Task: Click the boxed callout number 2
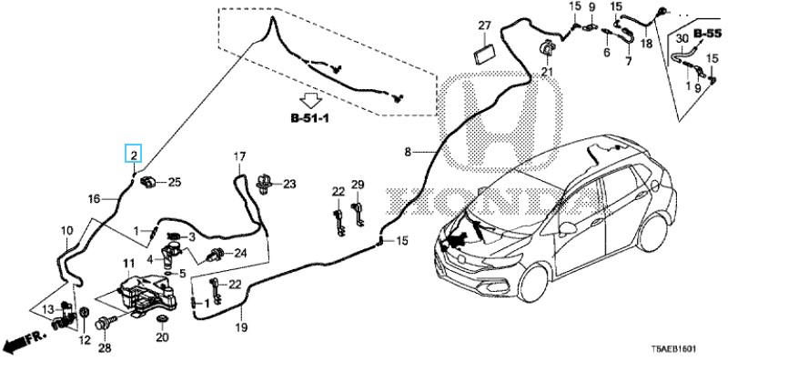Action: [134, 155]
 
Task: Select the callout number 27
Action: [484, 25]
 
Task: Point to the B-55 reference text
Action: [708, 33]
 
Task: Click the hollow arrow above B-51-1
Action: [311, 98]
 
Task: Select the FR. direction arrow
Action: [22, 342]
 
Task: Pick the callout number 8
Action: [409, 150]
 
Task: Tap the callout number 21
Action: [547, 72]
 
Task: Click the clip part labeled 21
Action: [548, 48]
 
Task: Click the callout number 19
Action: [242, 326]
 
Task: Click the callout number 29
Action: [358, 185]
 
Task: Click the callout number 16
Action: [93, 198]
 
